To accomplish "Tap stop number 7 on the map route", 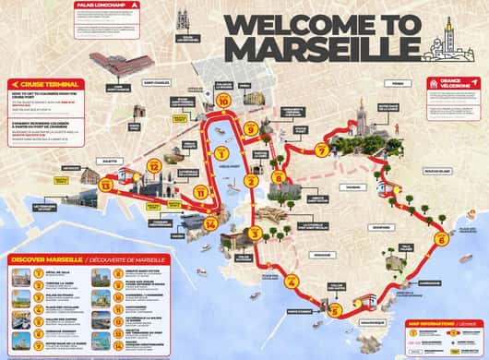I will pos(321,150).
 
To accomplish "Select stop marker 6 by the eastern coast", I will pos(441,239).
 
